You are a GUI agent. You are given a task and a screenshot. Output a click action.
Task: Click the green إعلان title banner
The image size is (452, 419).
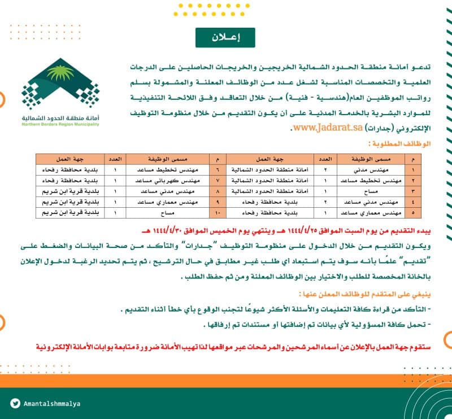coord(225,37)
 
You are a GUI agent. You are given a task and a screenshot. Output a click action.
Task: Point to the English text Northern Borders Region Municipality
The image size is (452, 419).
coord(60,124)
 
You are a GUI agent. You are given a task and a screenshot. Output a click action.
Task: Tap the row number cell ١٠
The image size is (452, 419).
coord(217,212)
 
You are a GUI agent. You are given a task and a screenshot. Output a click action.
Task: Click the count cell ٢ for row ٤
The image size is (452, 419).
coord(325,202)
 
